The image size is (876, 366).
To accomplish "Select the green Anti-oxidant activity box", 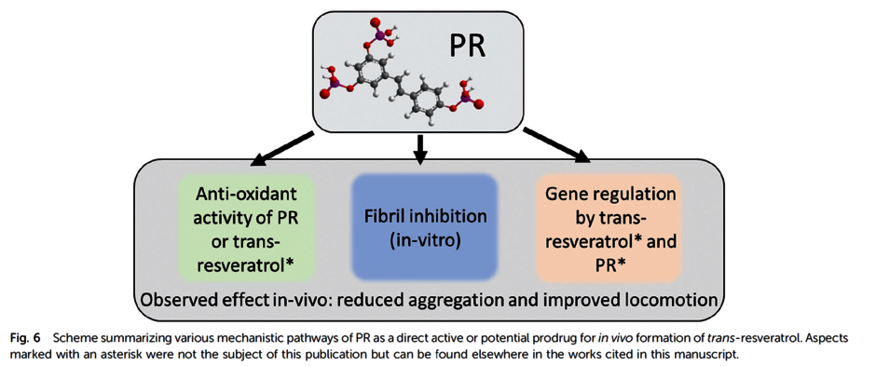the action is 246,226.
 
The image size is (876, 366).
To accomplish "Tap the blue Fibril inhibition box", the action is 423,226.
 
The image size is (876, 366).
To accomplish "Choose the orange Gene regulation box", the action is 609,226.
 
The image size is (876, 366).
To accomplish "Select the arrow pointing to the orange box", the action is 556,146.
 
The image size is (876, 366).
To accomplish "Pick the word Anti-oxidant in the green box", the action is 246,195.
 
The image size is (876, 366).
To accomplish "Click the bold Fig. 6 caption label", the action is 24,338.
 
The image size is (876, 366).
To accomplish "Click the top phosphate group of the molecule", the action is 380,33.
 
